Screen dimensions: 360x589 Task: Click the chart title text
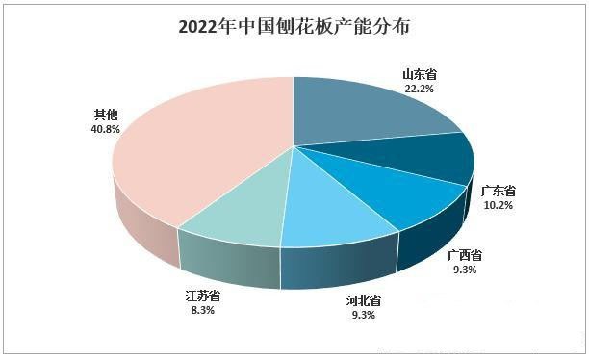pyautogui.click(x=294, y=26)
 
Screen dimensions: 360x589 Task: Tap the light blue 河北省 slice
pyautogui.click(x=332, y=207)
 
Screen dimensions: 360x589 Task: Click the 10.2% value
pyautogui.click(x=498, y=204)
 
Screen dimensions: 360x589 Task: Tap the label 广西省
pyautogui.click(x=465, y=256)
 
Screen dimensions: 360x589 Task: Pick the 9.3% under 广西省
pyautogui.click(x=465, y=270)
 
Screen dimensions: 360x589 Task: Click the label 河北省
pyautogui.click(x=364, y=299)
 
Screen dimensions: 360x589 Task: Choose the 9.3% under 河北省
pyautogui.click(x=364, y=314)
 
